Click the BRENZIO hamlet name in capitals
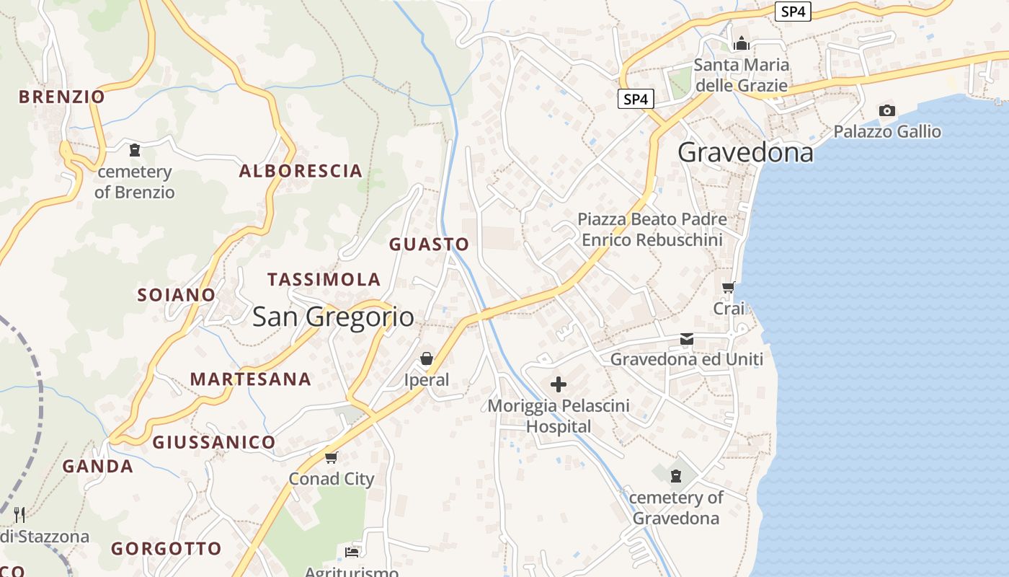[x=62, y=97]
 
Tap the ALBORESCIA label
[x=301, y=171]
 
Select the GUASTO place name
[x=429, y=245]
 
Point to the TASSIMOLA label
[x=324, y=279]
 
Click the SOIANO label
[x=177, y=295]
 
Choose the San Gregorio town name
[x=333, y=317]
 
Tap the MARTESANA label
[x=251, y=379]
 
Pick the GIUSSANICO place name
[x=214, y=442]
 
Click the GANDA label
[x=98, y=467]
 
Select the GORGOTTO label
[x=166, y=549]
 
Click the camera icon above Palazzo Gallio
[x=887, y=110]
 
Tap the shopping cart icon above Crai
[x=729, y=288]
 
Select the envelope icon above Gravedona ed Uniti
[x=687, y=338]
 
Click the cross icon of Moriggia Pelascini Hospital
[x=559, y=384]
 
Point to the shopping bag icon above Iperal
[x=427, y=358]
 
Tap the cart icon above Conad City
[x=332, y=457]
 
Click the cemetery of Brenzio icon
[x=134, y=151]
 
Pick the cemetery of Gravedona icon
[x=676, y=476]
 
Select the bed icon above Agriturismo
[x=352, y=552]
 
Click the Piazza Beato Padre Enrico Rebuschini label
[x=652, y=229]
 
